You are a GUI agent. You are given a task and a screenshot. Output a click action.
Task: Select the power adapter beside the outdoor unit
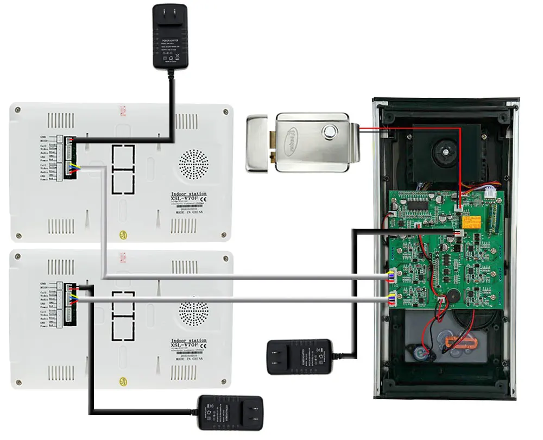point(299,356)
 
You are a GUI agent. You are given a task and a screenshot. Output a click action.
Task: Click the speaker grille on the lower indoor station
point(194,313)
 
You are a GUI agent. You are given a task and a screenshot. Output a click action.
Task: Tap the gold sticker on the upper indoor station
point(124,236)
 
